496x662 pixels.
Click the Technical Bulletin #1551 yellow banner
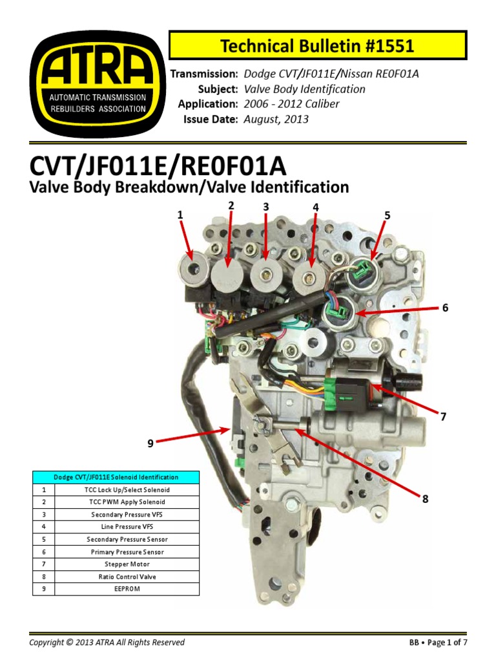point(317,46)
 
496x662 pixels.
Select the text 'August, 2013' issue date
point(276,119)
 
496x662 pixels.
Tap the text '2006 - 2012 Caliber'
point(291,104)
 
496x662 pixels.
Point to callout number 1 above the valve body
point(181,215)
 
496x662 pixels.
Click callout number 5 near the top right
point(387,215)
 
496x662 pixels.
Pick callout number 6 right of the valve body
point(444,308)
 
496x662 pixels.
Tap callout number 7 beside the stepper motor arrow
point(443,417)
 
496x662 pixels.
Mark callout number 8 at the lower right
point(425,499)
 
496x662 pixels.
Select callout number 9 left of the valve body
point(150,443)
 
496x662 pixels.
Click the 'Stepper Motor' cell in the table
point(127,564)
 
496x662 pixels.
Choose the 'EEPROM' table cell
point(127,589)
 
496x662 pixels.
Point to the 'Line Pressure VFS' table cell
point(127,527)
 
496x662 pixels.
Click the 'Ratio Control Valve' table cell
point(127,577)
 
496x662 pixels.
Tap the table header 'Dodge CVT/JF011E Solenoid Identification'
point(116,477)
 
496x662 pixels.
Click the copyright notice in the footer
point(107,643)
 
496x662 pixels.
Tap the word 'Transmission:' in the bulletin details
point(204,74)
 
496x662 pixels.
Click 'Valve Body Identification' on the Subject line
point(304,89)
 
